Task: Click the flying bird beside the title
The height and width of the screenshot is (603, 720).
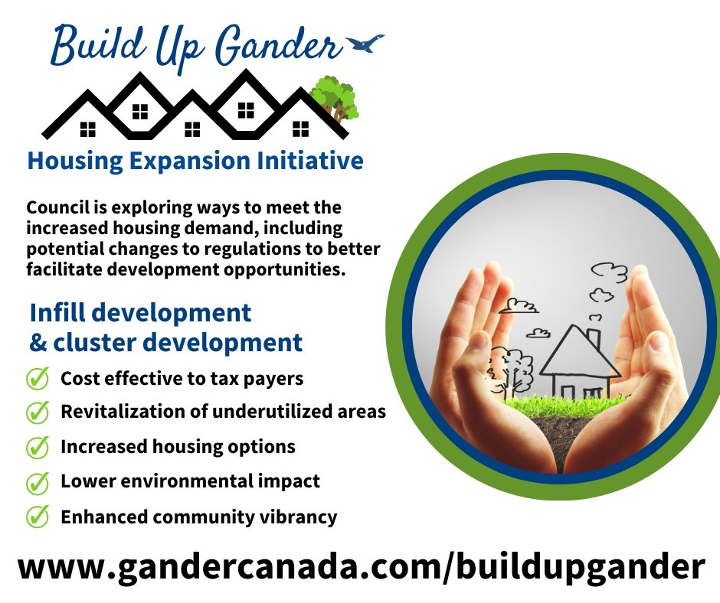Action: click(365, 44)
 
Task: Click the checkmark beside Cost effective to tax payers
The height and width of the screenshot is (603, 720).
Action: click(38, 379)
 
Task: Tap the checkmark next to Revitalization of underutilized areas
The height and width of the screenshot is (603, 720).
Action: click(38, 412)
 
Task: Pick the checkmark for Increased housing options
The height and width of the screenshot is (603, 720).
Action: click(38, 447)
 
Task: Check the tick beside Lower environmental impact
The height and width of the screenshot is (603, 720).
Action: click(38, 482)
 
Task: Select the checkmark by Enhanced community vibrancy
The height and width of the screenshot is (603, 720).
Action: click(38, 517)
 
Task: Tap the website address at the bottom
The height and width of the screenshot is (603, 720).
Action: click(360, 568)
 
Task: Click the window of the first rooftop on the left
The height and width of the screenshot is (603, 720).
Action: click(88, 128)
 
